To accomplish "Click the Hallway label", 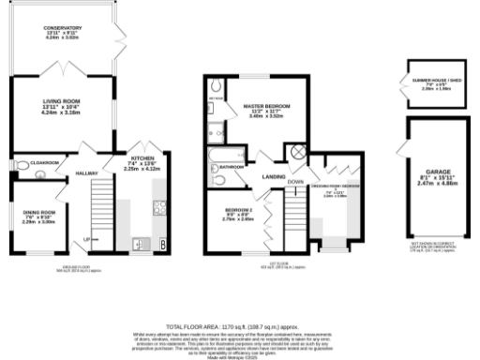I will tap(87, 172).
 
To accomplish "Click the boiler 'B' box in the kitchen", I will tap(165, 246).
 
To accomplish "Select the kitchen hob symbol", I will tap(160, 209).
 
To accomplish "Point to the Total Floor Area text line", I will tap(240, 322).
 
